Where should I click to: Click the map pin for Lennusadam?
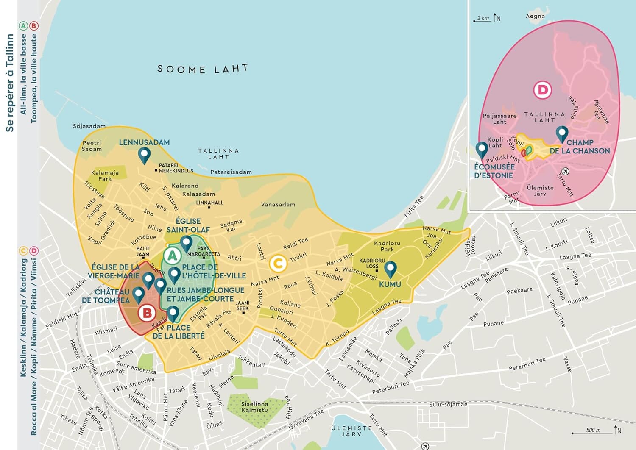coord(144,155)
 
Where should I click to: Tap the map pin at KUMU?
coord(390,269)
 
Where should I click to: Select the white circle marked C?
coord(278,264)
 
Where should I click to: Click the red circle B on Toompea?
coord(147,313)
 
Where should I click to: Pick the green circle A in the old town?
coord(172,256)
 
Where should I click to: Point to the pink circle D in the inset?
coord(542,90)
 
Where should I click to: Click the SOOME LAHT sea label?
coord(202,69)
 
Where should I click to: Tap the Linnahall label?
coord(209,203)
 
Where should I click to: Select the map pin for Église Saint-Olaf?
coord(186,244)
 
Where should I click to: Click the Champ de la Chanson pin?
coord(562,134)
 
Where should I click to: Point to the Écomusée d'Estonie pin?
coord(481,150)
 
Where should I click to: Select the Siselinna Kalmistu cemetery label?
coord(254,407)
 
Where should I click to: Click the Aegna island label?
coord(535,16)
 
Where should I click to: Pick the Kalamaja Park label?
coord(105,175)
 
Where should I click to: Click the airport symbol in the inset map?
coord(565,172)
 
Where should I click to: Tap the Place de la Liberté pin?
coord(173,314)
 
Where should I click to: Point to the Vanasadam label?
coord(278,205)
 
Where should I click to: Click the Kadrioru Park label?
coord(387,246)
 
